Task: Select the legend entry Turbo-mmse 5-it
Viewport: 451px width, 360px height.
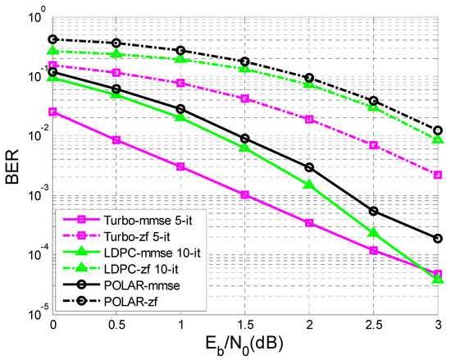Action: pos(139,220)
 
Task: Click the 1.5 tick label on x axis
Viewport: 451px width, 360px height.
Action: pos(245,326)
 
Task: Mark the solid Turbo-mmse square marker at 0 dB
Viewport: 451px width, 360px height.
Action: pos(52,112)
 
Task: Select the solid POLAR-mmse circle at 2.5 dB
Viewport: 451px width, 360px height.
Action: pos(374,211)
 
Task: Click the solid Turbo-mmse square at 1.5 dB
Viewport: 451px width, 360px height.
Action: pos(245,194)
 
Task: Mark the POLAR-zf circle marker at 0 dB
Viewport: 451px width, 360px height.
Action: pos(52,39)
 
